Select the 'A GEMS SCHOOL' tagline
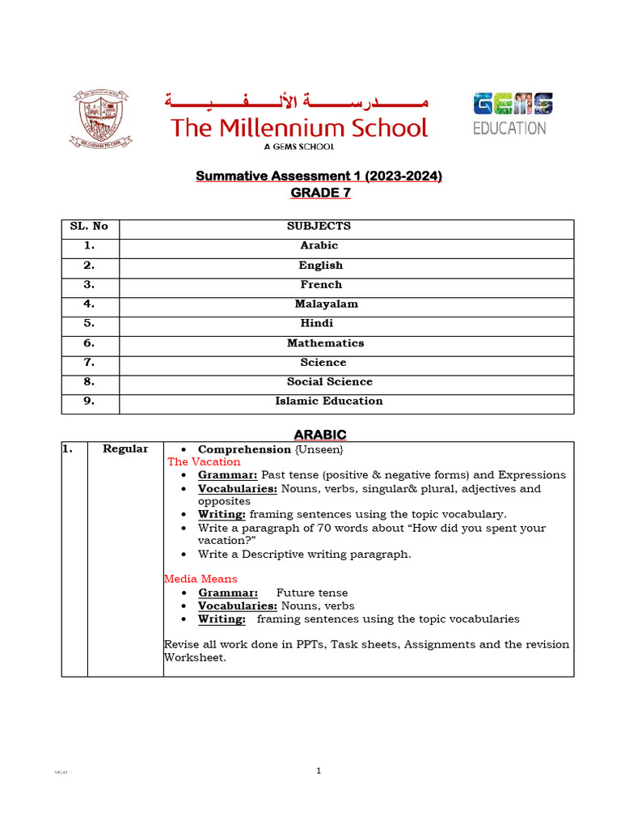pyautogui.click(x=298, y=147)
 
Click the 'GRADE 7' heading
pyautogui.click(x=320, y=193)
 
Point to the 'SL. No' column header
pyautogui.click(x=89, y=227)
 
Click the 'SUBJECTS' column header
pyautogui.click(x=319, y=227)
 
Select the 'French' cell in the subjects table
pyautogui.click(x=321, y=285)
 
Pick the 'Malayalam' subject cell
pyautogui.click(x=326, y=304)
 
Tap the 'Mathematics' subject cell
pyautogui.click(x=325, y=343)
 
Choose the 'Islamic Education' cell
pyautogui.click(x=328, y=402)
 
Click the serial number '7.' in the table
pyautogui.click(x=89, y=363)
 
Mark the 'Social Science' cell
pyautogui.click(x=328, y=382)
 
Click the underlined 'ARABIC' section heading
pyautogui.click(x=320, y=435)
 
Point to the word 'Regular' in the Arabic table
pyautogui.click(x=125, y=449)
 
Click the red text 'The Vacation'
pyautogui.click(x=204, y=462)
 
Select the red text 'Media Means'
pyautogui.click(x=201, y=580)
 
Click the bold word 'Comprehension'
pyautogui.click(x=244, y=449)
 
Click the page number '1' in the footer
pyautogui.click(x=319, y=772)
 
